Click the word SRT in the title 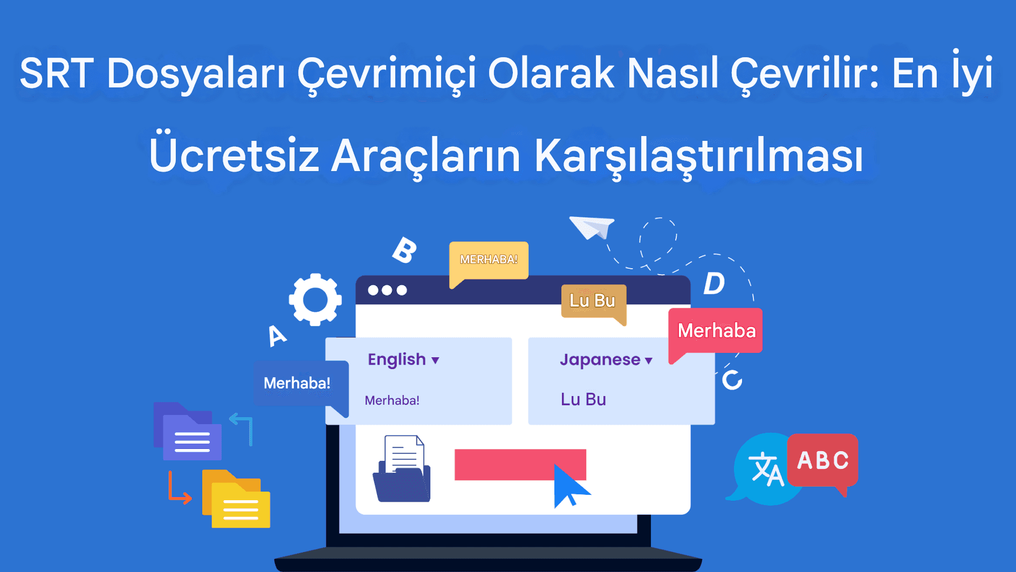57,73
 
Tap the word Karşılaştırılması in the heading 698,156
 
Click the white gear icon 315,299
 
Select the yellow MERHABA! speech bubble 489,260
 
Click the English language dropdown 403,359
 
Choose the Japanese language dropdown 606,359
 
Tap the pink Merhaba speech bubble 716,330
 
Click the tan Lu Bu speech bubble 593,301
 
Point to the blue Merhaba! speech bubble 298,383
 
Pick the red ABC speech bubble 822,460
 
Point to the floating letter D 714,283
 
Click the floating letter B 404,250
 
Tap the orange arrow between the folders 179,489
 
